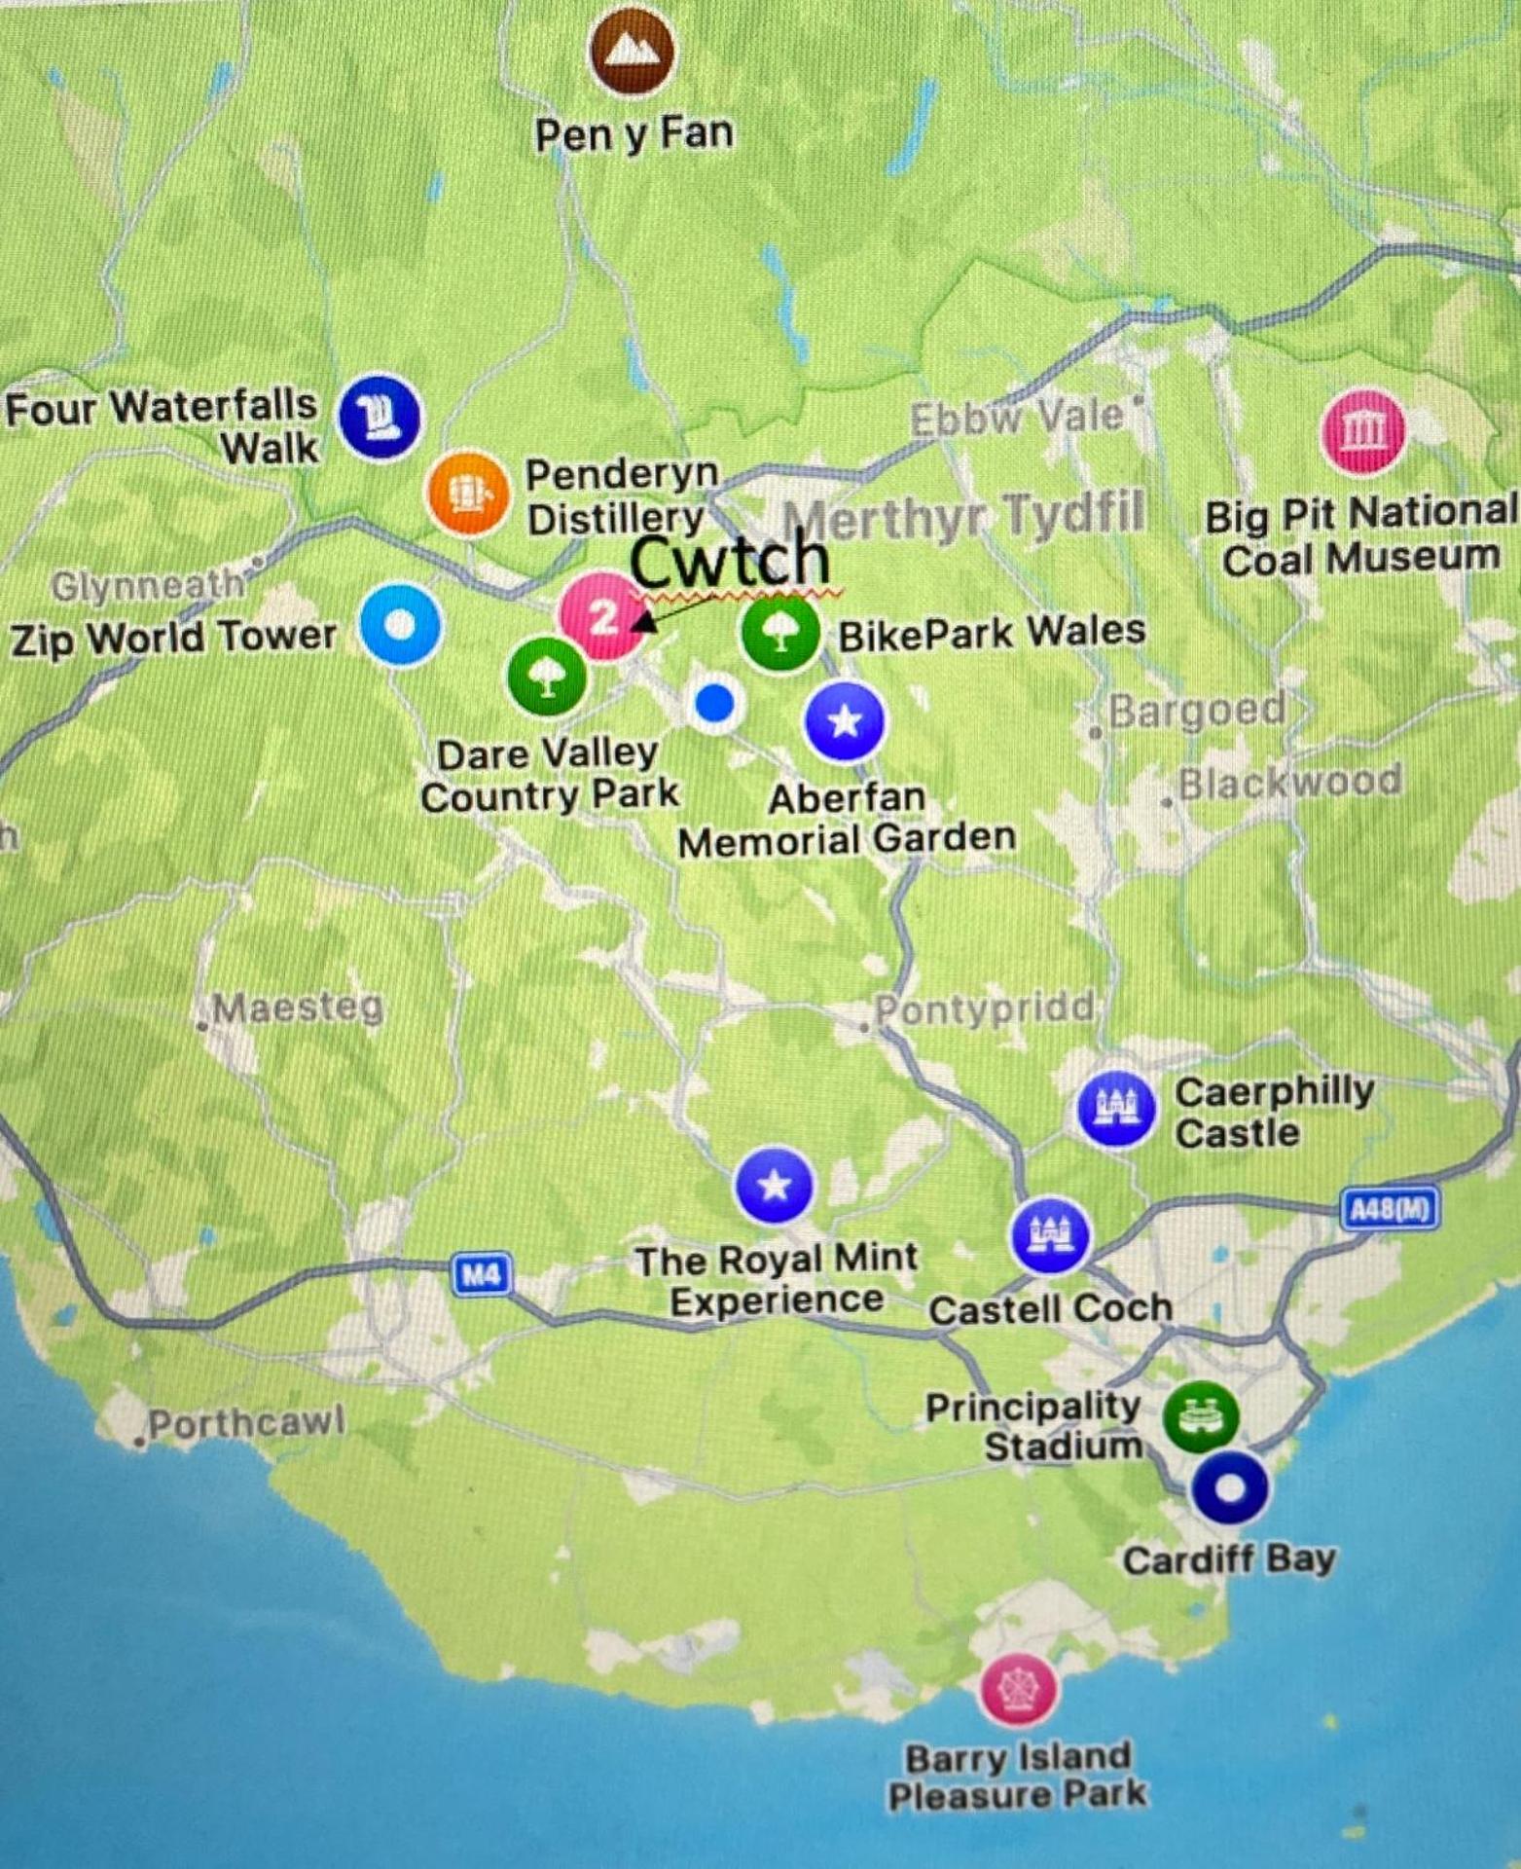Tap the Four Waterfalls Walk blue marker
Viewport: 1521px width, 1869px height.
tap(380, 417)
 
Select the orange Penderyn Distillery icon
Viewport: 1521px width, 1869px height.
tap(468, 494)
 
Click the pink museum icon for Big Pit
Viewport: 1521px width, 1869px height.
tap(1363, 430)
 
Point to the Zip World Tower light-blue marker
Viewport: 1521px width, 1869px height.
tap(399, 625)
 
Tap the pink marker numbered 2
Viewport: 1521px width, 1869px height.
tap(602, 615)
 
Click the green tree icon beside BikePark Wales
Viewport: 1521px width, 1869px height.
tap(779, 633)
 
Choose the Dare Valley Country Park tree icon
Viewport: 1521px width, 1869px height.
tap(547, 676)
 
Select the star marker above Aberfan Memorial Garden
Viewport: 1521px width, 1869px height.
tap(845, 721)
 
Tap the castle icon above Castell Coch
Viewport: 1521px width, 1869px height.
tap(1049, 1234)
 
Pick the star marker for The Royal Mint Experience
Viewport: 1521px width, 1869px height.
tap(775, 1186)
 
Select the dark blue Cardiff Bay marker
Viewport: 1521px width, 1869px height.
tap(1230, 1488)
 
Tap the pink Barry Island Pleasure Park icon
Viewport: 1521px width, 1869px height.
tap(1018, 1688)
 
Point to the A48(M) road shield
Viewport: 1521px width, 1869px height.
tap(1389, 1210)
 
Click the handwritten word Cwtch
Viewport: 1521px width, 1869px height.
tap(730, 560)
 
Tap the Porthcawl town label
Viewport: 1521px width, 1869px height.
tap(245, 1424)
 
